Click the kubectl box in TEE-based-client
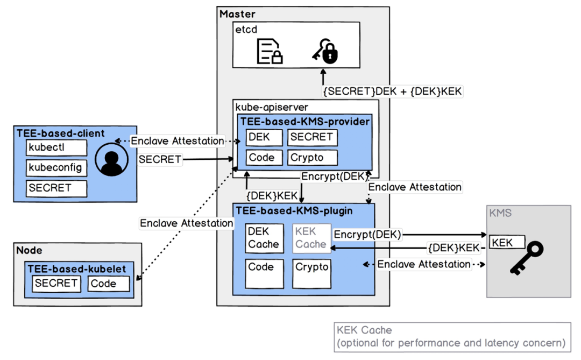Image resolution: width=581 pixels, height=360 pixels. coord(56,147)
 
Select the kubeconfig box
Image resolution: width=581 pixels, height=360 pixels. coord(56,168)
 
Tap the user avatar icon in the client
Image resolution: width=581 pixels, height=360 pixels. coord(111,159)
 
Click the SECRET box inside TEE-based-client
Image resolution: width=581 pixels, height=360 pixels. coord(56,188)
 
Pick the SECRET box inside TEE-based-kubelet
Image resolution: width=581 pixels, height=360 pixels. coord(56,284)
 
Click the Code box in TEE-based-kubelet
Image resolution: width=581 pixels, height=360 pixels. coord(109,284)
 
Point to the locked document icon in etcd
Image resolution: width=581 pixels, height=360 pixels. coord(270,51)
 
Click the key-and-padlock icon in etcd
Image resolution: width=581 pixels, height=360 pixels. coord(325,51)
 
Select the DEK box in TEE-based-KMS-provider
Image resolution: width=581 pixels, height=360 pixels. coord(264,137)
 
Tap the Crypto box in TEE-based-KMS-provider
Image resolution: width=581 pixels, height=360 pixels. coord(313,158)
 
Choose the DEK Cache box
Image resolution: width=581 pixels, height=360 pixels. coord(264,238)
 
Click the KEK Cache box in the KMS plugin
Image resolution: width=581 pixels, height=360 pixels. coord(311,238)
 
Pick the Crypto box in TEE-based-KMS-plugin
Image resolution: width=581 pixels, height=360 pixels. coord(311,273)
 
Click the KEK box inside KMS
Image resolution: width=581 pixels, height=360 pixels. coord(507,242)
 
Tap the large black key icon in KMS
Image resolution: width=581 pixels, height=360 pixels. coord(527,258)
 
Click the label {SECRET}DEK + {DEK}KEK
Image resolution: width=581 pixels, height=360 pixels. coord(392,91)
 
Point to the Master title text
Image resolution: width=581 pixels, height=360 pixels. coord(237,14)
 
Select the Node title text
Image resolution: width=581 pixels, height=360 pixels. coord(29,250)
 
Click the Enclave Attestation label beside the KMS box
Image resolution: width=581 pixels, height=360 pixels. coord(424,264)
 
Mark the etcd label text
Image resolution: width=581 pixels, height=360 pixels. coord(246,29)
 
